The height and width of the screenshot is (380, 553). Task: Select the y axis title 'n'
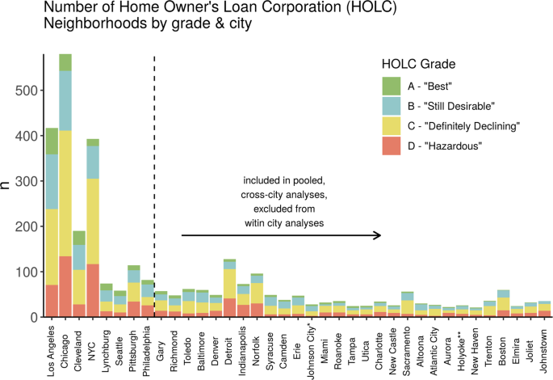8,185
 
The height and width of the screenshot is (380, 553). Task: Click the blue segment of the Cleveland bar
79,257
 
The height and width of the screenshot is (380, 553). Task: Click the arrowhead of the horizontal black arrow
378,235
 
